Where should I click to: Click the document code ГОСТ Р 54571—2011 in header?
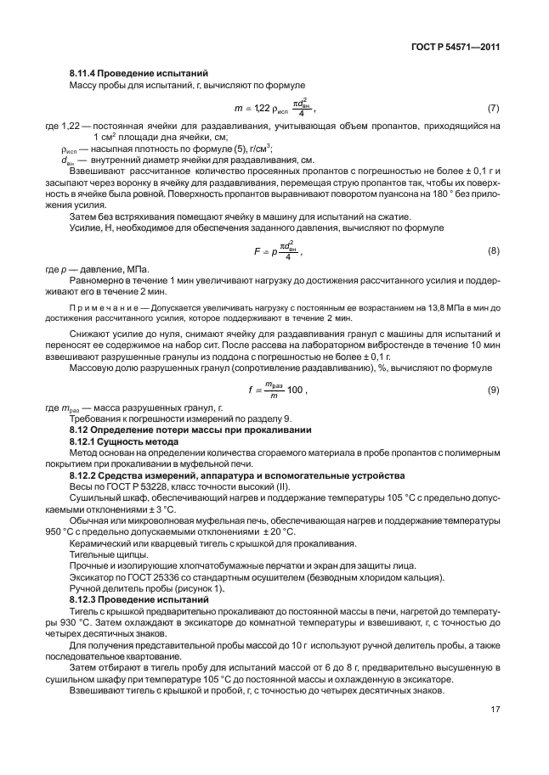pos(452,48)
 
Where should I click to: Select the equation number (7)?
pos(492,109)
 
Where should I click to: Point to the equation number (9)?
pos(492,390)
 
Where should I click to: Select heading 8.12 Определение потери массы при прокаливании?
pos(190,430)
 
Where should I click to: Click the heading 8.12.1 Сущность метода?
pos(125,441)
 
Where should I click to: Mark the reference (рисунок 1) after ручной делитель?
pos(201,588)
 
